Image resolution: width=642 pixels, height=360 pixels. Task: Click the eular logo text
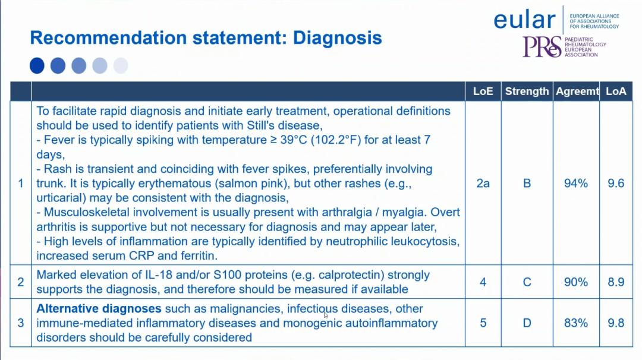pos(524,20)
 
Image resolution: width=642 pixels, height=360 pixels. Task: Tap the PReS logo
pos(542,47)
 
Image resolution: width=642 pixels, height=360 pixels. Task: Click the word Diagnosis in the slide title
pos(338,37)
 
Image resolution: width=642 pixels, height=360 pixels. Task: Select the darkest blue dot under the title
pos(37,65)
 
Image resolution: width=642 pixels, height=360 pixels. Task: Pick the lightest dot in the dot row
pos(121,65)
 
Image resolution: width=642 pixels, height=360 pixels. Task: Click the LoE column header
pos(483,91)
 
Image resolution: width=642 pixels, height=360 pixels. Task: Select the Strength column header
pos(527,91)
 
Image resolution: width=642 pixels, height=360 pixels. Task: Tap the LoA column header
pos(616,91)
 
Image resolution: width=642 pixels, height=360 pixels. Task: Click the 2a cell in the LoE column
pos(483,184)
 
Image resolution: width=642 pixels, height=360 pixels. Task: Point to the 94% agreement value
pos(576,184)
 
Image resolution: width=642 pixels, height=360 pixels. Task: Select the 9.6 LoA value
pos(616,184)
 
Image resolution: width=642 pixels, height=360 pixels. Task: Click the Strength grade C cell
pos(527,282)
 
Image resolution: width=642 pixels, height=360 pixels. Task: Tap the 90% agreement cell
pos(576,282)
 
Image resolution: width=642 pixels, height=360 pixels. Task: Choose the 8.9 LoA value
pos(616,282)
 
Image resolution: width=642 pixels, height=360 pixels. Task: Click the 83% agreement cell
pos(576,323)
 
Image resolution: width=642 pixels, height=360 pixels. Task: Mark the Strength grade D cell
pos(527,323)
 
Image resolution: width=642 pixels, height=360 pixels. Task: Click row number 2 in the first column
pos(21,282)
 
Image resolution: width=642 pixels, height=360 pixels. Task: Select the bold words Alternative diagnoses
pos(99,308)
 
